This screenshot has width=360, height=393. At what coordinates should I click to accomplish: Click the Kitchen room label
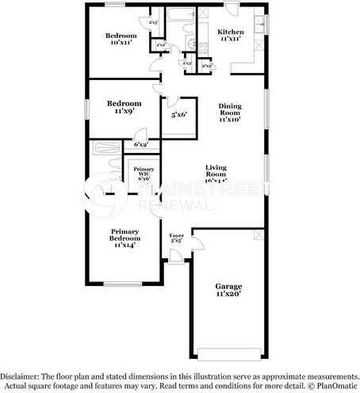231,32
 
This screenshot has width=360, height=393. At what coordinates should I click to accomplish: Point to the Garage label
228,286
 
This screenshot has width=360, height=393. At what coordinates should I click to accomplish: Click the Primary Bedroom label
124,235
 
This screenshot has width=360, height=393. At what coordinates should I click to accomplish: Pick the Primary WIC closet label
144,173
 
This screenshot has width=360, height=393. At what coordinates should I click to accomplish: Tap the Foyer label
177,235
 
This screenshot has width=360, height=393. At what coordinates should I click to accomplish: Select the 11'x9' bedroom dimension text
124,112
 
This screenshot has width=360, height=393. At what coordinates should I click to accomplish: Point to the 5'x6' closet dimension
179,116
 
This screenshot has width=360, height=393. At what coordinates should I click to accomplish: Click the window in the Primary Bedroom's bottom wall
123,284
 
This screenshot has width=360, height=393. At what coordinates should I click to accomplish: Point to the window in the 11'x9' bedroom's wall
87,108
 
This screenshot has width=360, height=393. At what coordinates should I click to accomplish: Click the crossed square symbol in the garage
257,236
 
